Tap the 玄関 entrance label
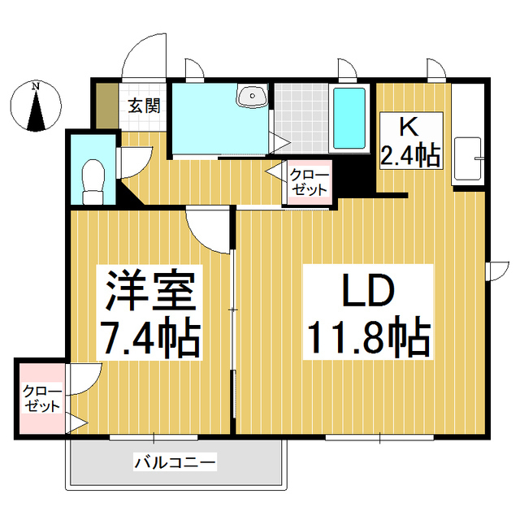click(143, 105)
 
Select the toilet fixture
click(94, 180)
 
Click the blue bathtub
click(350, 117)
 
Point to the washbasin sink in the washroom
click(252, 97)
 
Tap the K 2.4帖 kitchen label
click(410, 143)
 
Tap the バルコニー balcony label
click(175, 463)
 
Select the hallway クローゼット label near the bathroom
click(309, 182)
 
